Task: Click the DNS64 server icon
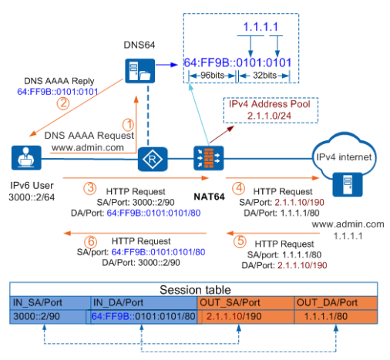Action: (x=140, y=71)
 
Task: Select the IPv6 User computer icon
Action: (x=26, y=158)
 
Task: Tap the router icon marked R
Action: (x=153, y=160)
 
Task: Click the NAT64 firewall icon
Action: (x=208, y=158)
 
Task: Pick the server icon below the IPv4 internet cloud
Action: (x=348, y=184)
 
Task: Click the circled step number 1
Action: (x=128, y=125)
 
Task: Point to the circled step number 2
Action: (x=63, y=103)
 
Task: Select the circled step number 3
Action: (x=90, y=188)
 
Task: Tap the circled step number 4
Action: (x=239, y=188)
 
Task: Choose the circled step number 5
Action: (x=240, y=241)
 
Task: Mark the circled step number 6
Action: (x=90, y=242)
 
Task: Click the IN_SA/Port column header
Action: (x=38, y=302)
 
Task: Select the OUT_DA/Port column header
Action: (x=327, y=302)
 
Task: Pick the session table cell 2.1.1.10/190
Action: (x=234, y=316)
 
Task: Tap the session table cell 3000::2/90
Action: (x=36, y=316)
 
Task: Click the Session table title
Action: (x=195, y=290)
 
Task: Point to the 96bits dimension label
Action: (x=212, y=76)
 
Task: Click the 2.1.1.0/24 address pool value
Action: (x=269, y=116)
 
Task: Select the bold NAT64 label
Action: (x=209, y=197)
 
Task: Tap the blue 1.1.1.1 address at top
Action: (x=261, y=27)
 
